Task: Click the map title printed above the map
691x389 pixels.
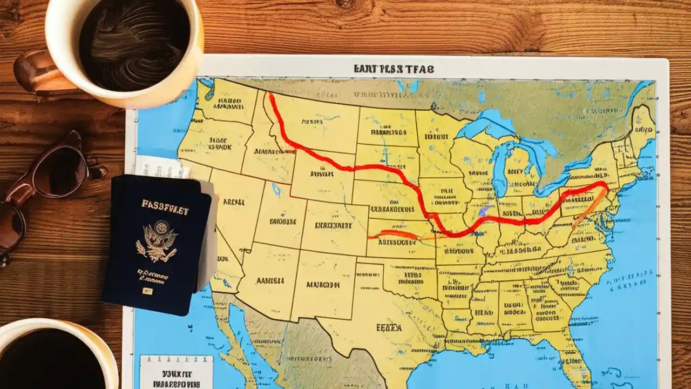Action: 394,69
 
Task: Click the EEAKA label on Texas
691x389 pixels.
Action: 389,327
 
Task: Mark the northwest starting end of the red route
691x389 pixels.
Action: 270,96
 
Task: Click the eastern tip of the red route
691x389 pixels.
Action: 606,185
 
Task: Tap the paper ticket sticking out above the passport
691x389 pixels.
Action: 162,167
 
